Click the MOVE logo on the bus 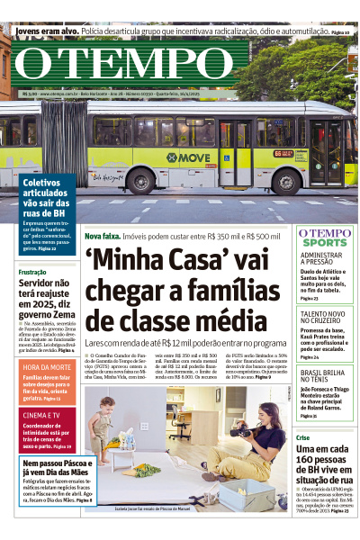tap(186, 157)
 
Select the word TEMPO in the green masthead tap(154, 65)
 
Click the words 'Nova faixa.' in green tap(102, 236)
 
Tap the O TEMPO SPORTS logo tap(325, 238)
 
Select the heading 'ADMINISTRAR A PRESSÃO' tap(324, 260)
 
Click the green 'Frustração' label tap(32, 272)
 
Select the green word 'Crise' tap(303, 437)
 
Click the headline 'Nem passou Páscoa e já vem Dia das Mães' tap(49, 469)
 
